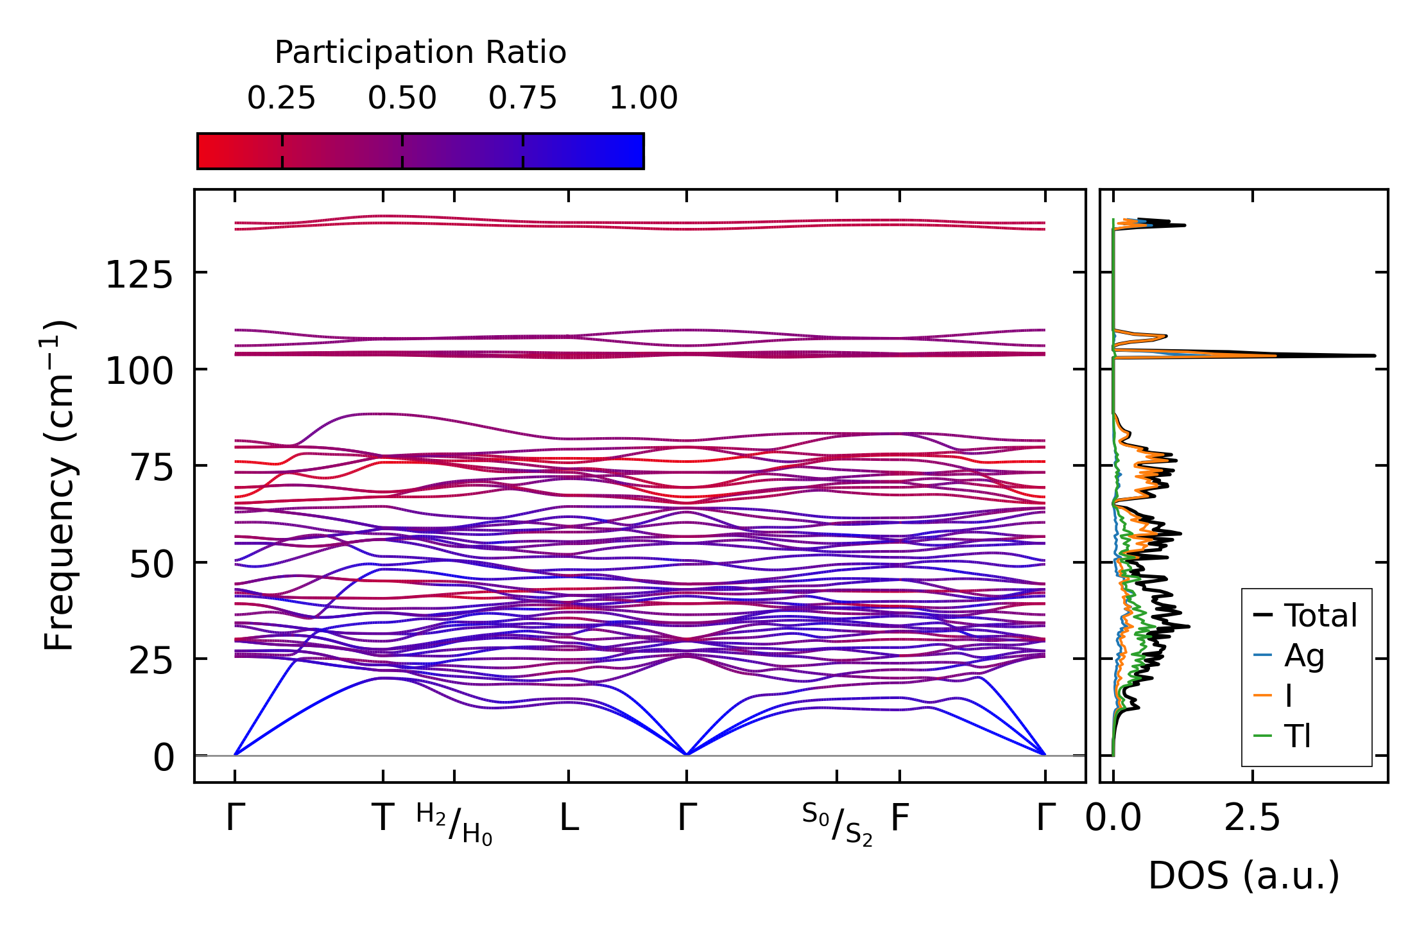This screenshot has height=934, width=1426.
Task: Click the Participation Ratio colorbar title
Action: [420, 53]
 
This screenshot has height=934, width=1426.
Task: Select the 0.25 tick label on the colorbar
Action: [281, 99]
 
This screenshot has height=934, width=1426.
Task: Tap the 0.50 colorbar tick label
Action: [402, 99]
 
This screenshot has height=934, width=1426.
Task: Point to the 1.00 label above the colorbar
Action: [643, 99]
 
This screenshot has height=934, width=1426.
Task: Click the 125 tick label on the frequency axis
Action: [139, 276]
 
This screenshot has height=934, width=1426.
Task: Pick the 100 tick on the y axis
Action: [139, 372]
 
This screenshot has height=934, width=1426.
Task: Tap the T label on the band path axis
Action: [383, 818]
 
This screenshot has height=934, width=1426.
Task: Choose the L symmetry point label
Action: [569, 818]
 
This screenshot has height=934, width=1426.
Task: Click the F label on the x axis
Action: [900, 818]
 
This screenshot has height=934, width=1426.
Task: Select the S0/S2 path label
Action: [837, 824]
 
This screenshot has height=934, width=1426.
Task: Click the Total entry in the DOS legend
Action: [1320, 616]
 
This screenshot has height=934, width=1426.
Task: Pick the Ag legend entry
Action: [1304, 656]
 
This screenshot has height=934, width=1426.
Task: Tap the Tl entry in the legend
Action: [1298, 736]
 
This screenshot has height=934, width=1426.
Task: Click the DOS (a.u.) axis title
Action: [1244, 876]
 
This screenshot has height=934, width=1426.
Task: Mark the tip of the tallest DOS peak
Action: [1375, 356]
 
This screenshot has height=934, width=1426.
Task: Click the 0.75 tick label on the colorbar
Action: [522, 99]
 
